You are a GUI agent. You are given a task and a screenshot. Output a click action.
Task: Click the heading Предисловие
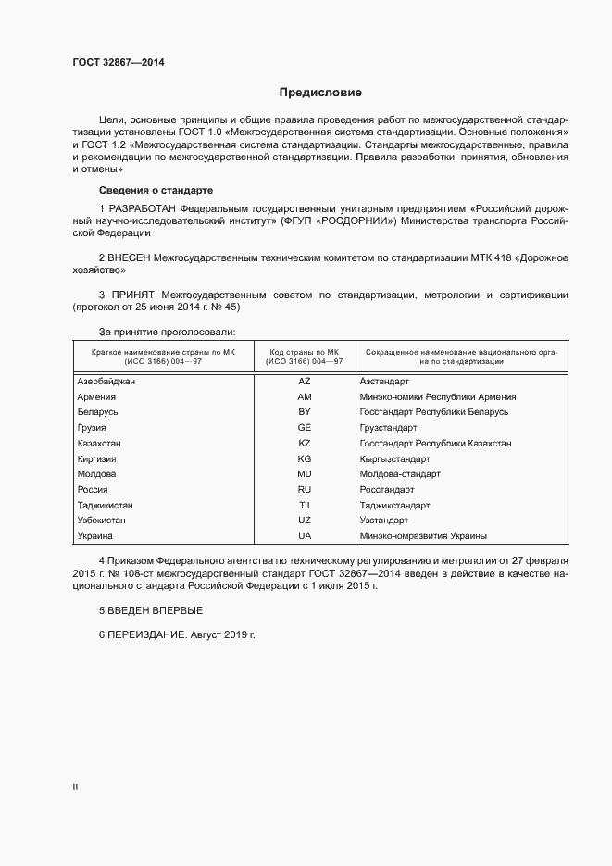(320, 93)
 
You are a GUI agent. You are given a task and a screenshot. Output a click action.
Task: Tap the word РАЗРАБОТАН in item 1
(143, 208)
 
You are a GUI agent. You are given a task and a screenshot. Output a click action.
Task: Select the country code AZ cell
(304, 381)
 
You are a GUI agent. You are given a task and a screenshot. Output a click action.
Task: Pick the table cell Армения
(96, 396)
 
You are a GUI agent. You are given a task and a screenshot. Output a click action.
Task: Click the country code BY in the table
(304, 411)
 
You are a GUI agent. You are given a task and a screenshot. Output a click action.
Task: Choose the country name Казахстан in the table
(100, 443)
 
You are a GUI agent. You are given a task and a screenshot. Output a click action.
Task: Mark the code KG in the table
(304, 458)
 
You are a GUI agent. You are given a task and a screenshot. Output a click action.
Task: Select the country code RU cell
(304, 489)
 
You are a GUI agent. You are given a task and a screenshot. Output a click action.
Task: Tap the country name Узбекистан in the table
(102, 521)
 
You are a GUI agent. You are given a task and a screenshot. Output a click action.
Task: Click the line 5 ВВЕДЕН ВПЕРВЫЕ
(150, 610)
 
